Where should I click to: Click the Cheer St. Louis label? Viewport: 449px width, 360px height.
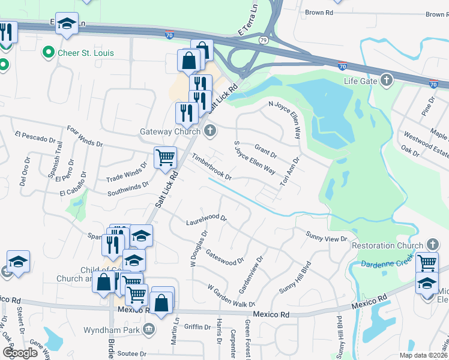[85, 53]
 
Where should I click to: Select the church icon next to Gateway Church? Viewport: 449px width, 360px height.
[209, 131]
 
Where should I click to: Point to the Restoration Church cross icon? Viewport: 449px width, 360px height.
[432, 245]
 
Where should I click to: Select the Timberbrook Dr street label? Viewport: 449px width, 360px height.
[211, 167]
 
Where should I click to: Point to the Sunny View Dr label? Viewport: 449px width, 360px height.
[327, 236]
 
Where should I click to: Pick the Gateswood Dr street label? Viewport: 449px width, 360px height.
[224, 257]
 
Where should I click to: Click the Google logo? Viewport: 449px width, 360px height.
[20, 353]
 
